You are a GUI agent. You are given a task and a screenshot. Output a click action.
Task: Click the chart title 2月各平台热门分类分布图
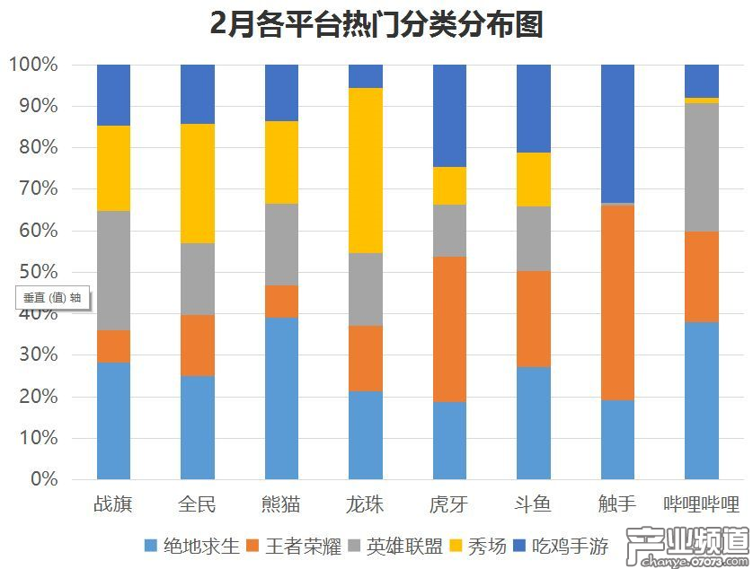(x=376, y=24)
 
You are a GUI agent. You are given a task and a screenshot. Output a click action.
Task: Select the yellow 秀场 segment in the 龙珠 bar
(x=366, y=171)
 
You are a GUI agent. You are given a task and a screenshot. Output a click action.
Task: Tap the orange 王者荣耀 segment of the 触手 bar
(x=617, y=302)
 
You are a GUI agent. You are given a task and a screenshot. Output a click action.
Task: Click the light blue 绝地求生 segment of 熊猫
(x=281, y=398)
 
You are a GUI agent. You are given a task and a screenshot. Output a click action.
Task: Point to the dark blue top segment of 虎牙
(x=449, y=116)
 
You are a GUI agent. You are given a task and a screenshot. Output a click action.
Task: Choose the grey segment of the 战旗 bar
(x=113, y=270)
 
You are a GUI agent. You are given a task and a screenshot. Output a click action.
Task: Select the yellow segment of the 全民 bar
(x=198, y=183)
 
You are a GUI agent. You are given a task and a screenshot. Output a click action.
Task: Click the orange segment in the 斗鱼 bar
(x=534, y=319)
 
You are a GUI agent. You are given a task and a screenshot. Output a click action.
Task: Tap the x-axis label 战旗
(x=113, y=504)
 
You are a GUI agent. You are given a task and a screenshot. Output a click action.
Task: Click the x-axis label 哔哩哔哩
(x=702, y=504)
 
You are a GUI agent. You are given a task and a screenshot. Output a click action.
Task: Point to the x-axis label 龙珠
(x=366, y=504)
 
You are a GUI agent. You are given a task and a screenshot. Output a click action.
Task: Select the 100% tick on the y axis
(x=33, y=65)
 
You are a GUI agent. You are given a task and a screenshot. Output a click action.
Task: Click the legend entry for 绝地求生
(x=191, y=546)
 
